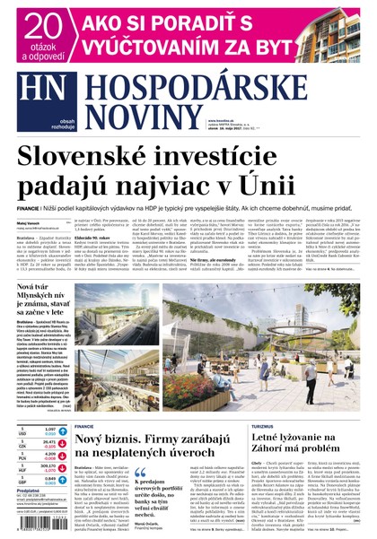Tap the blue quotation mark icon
click(140, 473)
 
